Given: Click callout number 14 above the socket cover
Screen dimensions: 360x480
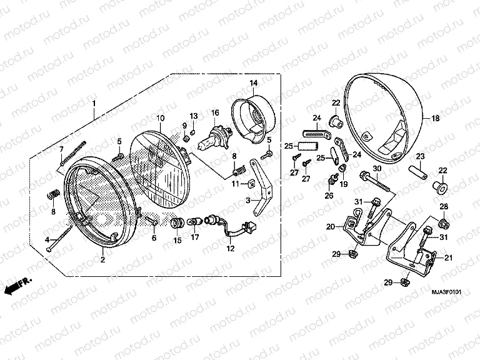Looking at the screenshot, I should [x=254, y=83].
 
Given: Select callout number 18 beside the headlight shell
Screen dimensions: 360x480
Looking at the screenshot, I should [x=435, y=118].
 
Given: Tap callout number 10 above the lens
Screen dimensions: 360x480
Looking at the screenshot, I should [x=160, y=118].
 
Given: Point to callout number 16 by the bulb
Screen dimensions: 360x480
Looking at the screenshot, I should [x=214, y=112].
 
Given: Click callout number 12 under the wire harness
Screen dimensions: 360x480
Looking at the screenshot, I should [x=230, y=249].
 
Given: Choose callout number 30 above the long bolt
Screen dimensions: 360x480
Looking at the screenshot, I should [x=377, y=169].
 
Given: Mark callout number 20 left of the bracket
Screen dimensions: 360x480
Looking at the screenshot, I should [x=330, y=227].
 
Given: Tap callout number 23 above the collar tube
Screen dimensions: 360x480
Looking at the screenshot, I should [x=420, y=156].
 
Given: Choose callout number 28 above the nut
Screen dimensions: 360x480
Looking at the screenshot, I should [x=442, y=207].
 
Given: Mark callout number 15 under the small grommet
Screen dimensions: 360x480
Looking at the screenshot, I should [x=177, y=240].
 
